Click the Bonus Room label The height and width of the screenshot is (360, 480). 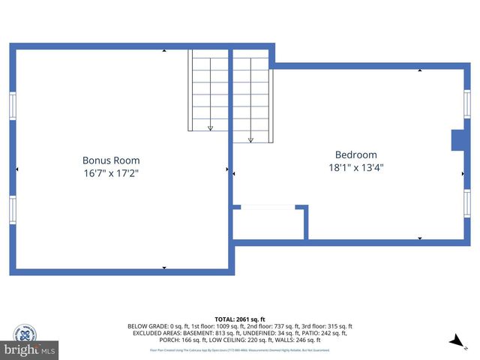click(111, 160)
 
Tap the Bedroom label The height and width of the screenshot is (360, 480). click(351, 154)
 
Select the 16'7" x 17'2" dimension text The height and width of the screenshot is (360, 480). click(111, 173)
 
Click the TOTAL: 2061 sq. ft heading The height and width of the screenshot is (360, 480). click(240, 319)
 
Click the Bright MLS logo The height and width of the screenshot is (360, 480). click(29, 349)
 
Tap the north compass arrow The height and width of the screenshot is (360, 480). click(455, 342)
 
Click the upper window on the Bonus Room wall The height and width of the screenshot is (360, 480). click(12, 105)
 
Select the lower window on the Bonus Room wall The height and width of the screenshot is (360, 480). click(12, 210)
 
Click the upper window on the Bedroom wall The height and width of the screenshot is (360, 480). click(466, 103)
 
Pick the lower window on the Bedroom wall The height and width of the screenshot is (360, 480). click(466, 202)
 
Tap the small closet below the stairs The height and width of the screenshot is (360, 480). click(268, 223)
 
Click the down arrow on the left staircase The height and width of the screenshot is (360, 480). click(210, 128)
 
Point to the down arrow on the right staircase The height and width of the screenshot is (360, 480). click(250, 139)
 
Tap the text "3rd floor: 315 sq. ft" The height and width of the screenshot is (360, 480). click(325, 326)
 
